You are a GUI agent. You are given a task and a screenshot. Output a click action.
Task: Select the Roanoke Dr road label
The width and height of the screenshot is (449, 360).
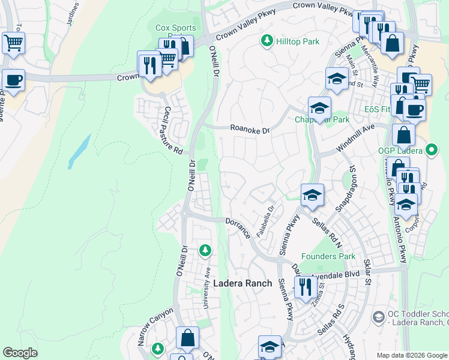coord(251,128)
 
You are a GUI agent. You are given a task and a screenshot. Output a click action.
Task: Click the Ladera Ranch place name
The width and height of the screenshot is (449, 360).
coord(243,283)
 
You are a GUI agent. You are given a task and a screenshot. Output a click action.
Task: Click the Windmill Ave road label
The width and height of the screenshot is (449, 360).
coord(355,137)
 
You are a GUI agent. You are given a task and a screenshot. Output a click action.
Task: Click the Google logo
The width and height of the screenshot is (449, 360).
coord(20,353)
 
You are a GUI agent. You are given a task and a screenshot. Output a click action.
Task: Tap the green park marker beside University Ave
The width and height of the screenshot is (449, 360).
coord(205,249)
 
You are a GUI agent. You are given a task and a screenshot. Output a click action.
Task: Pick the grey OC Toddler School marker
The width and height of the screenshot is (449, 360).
coord(378,316)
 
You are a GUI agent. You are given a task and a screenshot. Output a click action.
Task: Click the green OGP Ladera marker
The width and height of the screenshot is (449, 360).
coord(431,149)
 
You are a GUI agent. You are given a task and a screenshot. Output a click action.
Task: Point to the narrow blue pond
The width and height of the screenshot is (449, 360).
coord(79,151)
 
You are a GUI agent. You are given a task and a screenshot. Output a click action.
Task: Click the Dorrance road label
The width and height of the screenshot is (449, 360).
coord(238,229)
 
